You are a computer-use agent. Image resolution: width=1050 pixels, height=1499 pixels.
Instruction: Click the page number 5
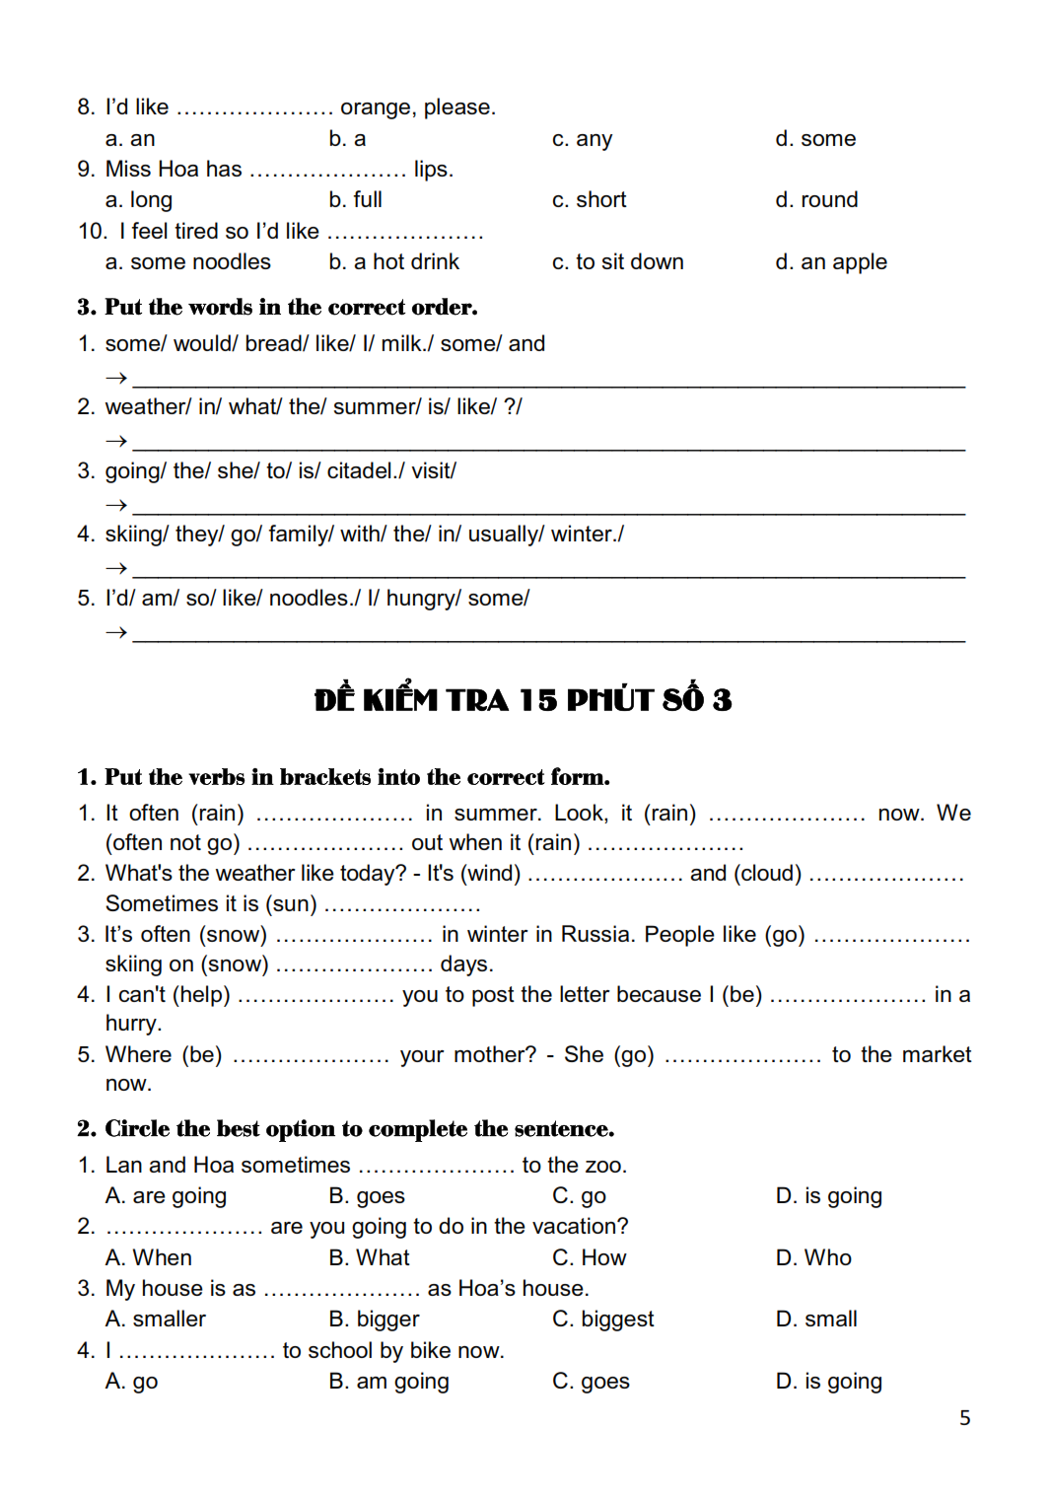[x=964, y=1417]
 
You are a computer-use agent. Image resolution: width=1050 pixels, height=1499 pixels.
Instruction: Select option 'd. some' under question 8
[x=815, y=139]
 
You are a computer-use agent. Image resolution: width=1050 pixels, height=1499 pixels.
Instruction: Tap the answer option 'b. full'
[x=355, y=200]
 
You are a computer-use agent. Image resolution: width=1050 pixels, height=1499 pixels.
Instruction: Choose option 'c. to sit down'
[x=617, y=262]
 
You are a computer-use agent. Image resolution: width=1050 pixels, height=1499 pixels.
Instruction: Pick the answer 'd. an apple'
[x=831, y=262]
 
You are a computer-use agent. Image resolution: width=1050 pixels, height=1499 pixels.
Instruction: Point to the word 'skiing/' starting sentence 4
[x=136, y=535]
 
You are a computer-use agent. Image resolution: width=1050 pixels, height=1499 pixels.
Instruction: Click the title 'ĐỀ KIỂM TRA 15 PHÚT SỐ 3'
[x=524, y=699]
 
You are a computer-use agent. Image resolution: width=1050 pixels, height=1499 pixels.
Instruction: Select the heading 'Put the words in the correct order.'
[x=290, y=308]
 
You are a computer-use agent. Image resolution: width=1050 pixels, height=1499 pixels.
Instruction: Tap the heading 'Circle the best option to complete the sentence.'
[x=359, y=1129]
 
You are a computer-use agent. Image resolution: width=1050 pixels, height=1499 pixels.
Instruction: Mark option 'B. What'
[x=369, y=1257]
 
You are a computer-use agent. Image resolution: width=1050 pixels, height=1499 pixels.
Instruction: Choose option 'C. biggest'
[x=602, y=1320]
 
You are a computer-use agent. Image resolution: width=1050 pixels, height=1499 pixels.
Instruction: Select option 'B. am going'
[x=388, y=1382]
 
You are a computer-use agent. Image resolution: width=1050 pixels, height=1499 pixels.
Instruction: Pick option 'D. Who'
[x=813, y=1257]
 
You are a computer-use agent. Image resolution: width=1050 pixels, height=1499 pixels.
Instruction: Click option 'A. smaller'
[x=155, y=1320]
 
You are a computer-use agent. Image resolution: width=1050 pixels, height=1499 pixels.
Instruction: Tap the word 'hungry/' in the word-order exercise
[x=421, y=599]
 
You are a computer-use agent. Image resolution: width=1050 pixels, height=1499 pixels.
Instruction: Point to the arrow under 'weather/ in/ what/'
[x=116, y=441]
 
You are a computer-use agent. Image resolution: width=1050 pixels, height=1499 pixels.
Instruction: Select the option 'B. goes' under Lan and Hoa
[x=367, y=1196]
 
